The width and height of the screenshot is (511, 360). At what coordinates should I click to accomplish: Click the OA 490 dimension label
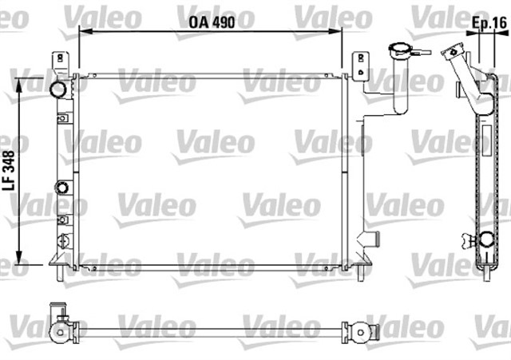click(212, 23)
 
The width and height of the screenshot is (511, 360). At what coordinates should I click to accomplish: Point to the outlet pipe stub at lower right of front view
click(369, 239)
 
